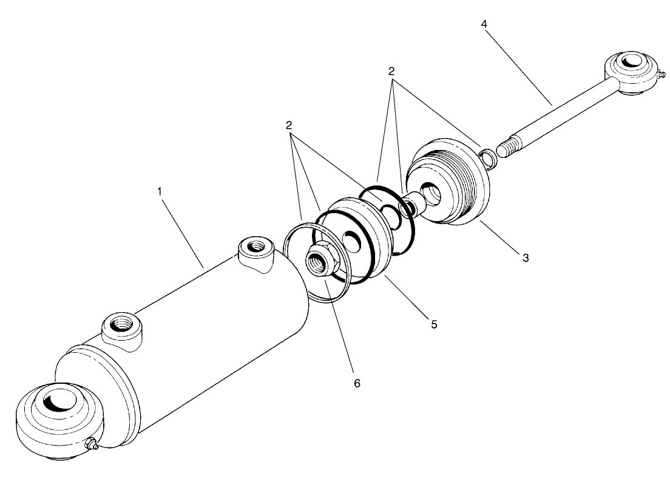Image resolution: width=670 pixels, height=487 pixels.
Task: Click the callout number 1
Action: click(x=160, y=191)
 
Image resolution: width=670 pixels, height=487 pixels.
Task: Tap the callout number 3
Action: click(x=526, y=257)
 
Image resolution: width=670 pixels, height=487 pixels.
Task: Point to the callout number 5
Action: click(x=434, y=324)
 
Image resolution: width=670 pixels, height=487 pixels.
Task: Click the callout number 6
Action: click(x=357, y=383)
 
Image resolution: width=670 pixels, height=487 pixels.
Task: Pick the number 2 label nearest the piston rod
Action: click(x=393, y=71)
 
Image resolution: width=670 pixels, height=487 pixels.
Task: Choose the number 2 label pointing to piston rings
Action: click(x=289, y=126)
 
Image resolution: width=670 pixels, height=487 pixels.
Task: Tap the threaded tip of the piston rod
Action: click(x=508, y=148)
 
